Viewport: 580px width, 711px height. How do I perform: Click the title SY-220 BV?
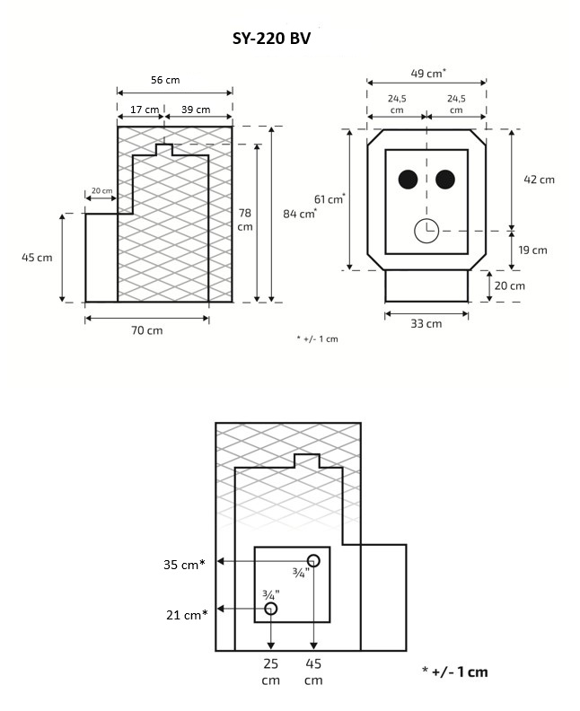click(x=270, y=39)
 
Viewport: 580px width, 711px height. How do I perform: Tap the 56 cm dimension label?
click(x=163, y=80)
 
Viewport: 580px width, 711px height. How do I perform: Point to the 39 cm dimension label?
click(x=195, y=110)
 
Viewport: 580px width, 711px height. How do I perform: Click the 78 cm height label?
click(x=245, y=219)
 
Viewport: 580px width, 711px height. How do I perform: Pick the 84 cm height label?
click(x=299, y=214)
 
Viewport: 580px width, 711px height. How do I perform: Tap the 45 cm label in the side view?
click(x=37, y=257)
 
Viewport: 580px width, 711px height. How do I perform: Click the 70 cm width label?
click(x=146, y=330)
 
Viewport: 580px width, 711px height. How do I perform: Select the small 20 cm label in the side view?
click(x=101, y=191)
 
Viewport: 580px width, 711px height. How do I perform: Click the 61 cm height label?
click(x=330, y=199)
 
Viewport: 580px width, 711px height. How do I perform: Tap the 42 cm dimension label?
click(x=539, y=179)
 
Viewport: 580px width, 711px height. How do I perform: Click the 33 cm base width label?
click(x=426, y=323)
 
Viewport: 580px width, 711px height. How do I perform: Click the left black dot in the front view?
click(x=408, y=180)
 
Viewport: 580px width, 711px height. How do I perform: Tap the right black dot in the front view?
click(x=445, y=180)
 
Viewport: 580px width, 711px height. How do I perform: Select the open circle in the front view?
click(x=426, y=231)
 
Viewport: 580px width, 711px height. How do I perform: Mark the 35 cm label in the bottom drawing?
click(x=184, y=565)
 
